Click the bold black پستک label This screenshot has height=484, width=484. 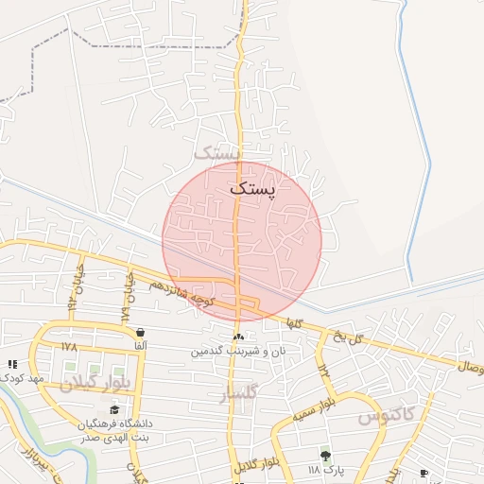pos(255,188)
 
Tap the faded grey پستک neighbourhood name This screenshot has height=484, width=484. pos(218,151)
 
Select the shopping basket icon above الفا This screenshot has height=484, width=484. pos(141,332)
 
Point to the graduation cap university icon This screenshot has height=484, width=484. pos(115,409)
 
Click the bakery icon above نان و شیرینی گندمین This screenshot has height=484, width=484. pos(238,337)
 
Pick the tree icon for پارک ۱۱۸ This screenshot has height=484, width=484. pos(326,456)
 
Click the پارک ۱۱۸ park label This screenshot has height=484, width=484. pos(326,470)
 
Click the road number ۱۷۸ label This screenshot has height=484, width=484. pos(69,348)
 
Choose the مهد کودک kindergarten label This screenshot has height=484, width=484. pos(24,378)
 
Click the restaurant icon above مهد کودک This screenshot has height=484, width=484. pos(12,364)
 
